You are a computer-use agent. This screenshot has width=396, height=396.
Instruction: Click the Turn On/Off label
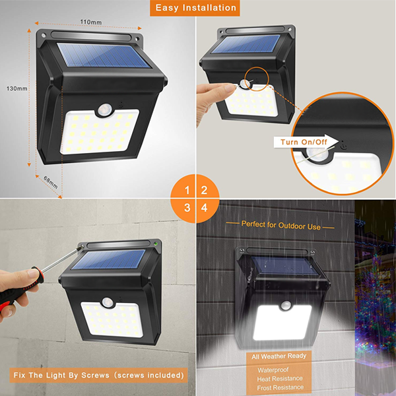pyautogui.click(x=303, y=142)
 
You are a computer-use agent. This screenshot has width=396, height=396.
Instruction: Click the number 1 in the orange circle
pyautogui.click(x=187, y=191)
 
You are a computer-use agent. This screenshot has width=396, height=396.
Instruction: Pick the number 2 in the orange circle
pyautogui.click(x=205, y=191)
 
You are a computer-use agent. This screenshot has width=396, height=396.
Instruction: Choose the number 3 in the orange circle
pyautogui.click(x=187, y=208)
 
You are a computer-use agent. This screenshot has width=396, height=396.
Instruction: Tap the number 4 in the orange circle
pyautogui.click(x=205, y=208)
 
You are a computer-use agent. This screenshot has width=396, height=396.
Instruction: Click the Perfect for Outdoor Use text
pyautogui.click(x=280, y=224)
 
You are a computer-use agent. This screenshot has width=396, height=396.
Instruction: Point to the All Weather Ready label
pyautogui.click(x=279, y=356)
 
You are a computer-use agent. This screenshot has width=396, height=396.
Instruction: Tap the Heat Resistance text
pyautogui.click(x=280, y=379)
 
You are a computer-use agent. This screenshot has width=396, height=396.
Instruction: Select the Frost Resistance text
pyautogui.click(x=280, y=388)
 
